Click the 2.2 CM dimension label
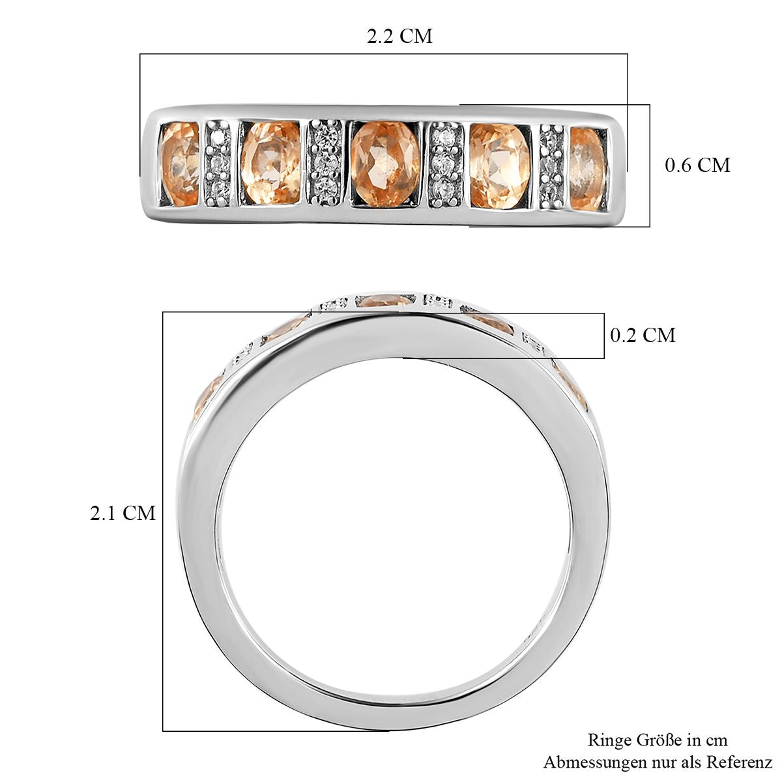point(399,36)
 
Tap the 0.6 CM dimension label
point(697,165)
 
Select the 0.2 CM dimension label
point(643,335)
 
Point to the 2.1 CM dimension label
point(123,513)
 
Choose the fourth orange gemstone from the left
point(500,166)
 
